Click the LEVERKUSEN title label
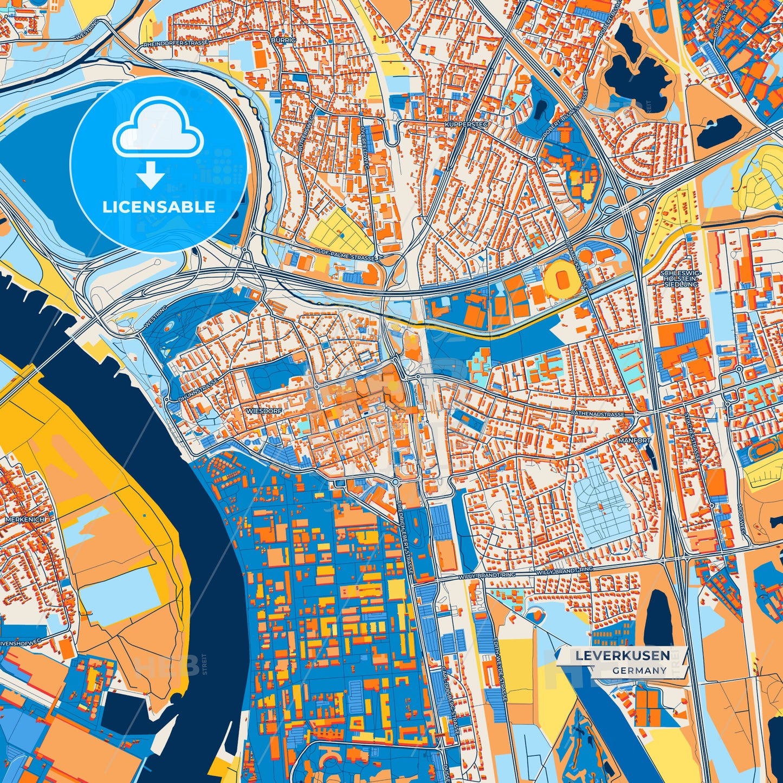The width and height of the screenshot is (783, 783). (622, 655)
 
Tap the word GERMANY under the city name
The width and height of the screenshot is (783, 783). (639, 670)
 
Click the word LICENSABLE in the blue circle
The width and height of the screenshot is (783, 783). (159, 206)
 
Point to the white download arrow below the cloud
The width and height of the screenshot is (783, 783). (150, 174)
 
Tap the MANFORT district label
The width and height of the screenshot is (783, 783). (635, 441)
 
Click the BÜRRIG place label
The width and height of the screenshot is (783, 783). (283, 41)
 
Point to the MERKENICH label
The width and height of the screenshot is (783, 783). (25, 519)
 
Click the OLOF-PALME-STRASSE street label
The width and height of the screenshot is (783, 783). (345, 255)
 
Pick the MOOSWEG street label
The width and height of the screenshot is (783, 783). (740, 517)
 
